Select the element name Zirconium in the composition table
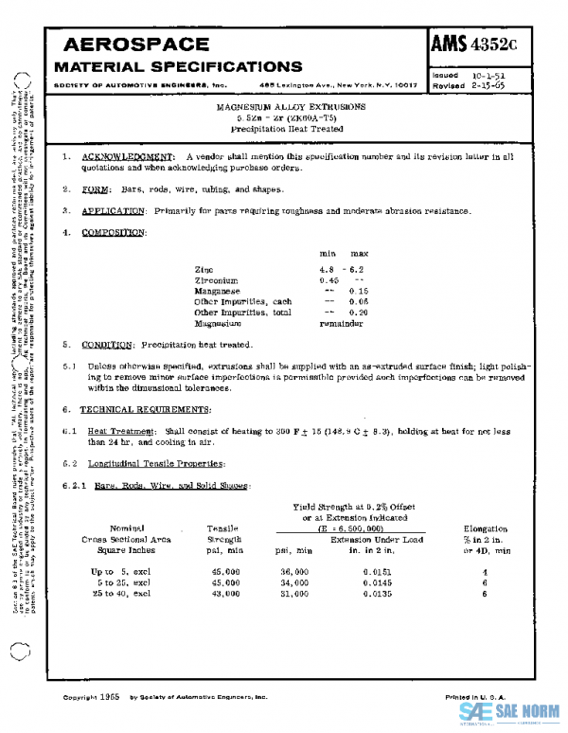coord(218,280)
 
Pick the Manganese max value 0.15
coord(359,291)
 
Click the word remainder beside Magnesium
coord(341,323)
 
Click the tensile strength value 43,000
coord(222,595)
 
